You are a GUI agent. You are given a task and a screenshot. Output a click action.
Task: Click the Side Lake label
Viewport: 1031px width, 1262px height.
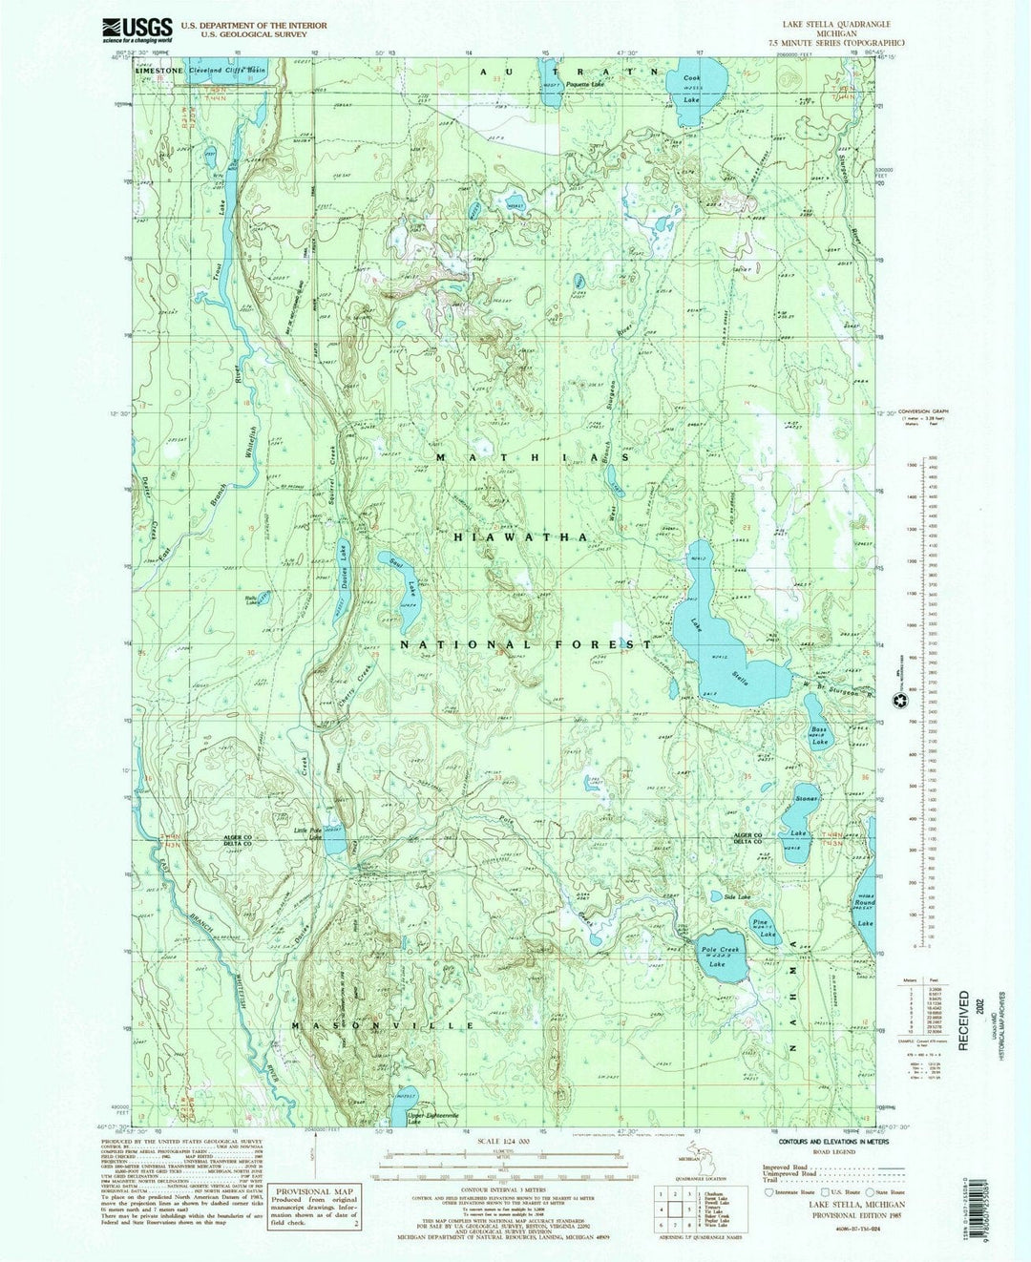pos(737,897)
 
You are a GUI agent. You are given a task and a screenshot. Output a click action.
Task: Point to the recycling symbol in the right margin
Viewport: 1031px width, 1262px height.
pos(899,702)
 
